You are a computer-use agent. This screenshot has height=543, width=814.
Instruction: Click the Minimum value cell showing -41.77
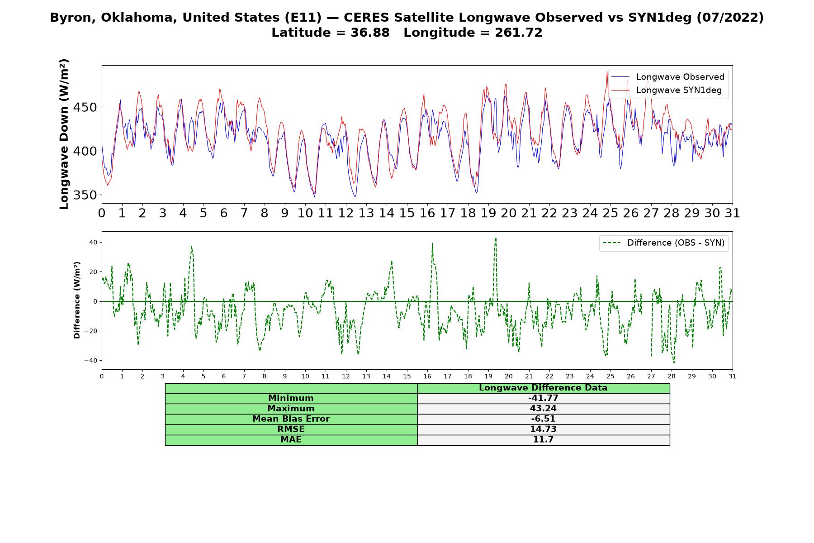point(543,398)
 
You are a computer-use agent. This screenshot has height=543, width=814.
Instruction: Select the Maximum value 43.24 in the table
point(543,409)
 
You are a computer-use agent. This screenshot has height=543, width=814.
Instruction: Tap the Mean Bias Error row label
point(291,419)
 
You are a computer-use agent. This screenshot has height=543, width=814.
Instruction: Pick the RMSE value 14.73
point(543,429)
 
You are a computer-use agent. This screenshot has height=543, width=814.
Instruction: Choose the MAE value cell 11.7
point(543,440)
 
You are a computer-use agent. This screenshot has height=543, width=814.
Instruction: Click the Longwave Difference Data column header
point(543,388)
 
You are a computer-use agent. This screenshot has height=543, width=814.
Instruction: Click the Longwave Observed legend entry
point(668,77)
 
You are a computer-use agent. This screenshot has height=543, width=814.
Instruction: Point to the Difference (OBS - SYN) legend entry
point(663,243)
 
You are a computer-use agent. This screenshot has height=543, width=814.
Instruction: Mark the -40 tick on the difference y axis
point(92,361)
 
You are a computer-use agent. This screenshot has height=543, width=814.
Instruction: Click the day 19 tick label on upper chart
point(488,213)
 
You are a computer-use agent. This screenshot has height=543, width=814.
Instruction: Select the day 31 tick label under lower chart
point(733,376)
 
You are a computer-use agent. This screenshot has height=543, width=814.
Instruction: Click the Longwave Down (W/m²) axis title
point(64,134)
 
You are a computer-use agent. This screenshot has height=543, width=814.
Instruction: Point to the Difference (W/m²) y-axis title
point(77,300)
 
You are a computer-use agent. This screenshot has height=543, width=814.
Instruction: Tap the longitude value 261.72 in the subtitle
point(520,33)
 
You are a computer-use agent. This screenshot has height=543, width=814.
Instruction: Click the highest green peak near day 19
point(496,238)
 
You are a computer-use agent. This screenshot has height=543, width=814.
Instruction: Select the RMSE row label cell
point(291,429)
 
